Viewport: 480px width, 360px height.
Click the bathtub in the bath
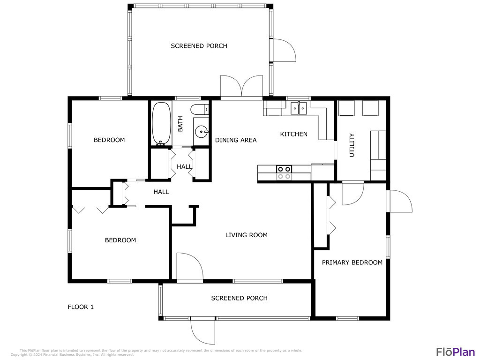pos(161,123)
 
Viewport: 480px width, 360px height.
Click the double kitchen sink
pos(299,108)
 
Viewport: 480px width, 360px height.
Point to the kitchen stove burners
pos(284,172)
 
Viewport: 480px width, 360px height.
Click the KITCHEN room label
pos(294,134)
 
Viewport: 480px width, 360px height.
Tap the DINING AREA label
pos(236,140)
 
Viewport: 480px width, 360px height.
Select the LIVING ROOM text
pos(247,235)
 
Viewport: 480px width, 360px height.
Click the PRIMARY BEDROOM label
pos(352,262)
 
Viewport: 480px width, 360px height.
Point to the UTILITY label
pos(352,145)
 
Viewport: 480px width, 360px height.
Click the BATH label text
pos(180,124)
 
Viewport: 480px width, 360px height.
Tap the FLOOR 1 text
pos(81,307)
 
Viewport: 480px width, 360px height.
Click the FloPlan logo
pos(456,352)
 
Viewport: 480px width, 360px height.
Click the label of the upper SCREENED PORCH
pos(199,46)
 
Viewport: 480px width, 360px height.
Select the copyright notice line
pos(72,355)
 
